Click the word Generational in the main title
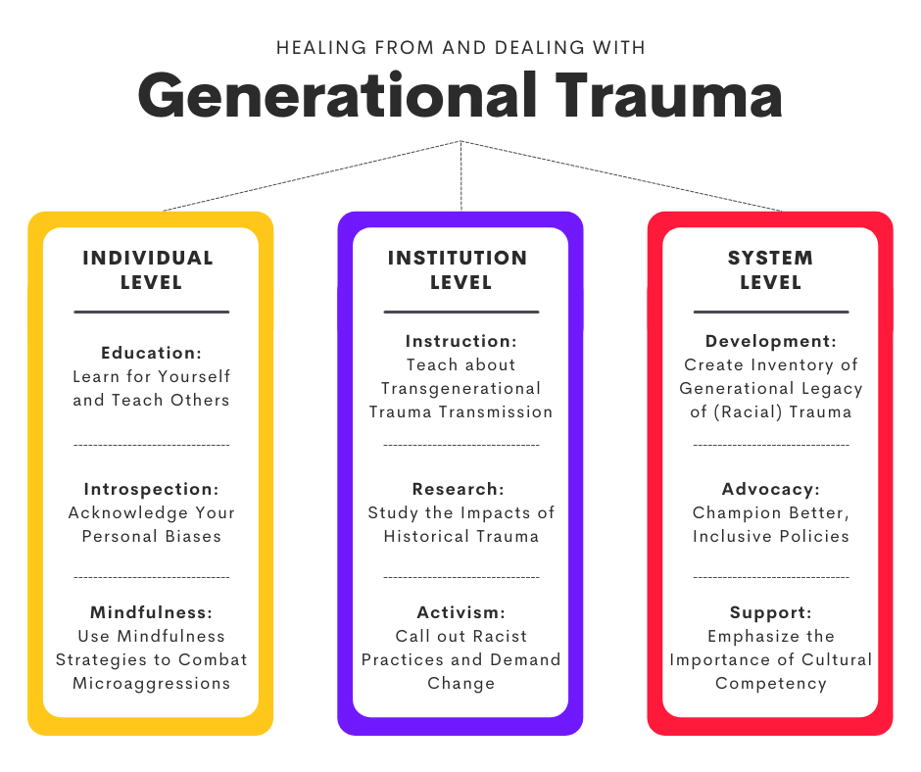[x=337, y=96]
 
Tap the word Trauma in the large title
[x=668, y=95]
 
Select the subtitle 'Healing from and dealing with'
[x=461, y=48]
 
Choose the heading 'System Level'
[x=771, y=270]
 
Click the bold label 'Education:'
[x=152, y=353]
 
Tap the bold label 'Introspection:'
[x=152, y=489]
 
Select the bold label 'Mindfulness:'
[x=152, y=612]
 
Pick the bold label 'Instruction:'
[x=461, y=341]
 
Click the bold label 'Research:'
[x=459, y=489]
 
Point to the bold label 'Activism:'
[x=461, y=612]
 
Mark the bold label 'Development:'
[x=771, y=341]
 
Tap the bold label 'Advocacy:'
[x=771, y=489]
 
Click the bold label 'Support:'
[x=771, y=612]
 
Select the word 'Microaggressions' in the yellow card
[x=152, y=683]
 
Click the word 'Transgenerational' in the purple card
[x=461, y=388]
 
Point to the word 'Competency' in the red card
[x=771, y=683]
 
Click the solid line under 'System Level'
[x=771, y=312]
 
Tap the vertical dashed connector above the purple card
[x=461, y=175]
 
